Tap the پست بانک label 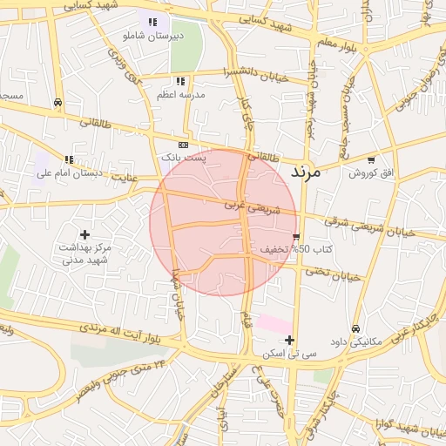tap(184, 158)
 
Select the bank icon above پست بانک tap(183, 145)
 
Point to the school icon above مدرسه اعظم tap(179, 81)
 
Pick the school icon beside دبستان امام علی tap(69, 159)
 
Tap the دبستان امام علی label tap(70, 172)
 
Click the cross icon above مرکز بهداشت tap(84, 233)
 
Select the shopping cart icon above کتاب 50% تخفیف tap(297, 237)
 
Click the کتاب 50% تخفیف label tap(284, 250)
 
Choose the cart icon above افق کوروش tap(372, 160)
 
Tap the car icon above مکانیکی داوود tap(355, 328)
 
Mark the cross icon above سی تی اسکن tap(290, 340)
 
